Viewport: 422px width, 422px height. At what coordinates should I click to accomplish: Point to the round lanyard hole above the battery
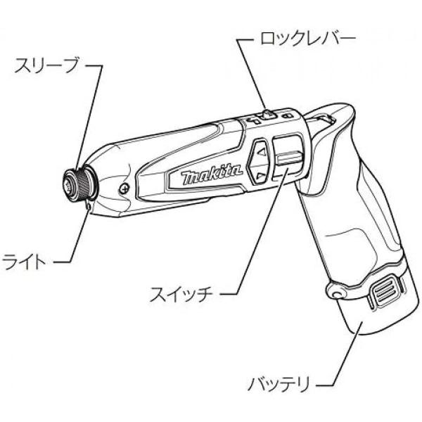pyautogui.click(x=335, y=289)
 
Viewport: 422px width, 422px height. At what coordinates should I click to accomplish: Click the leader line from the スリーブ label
pyautogui.click(x=98, y=105)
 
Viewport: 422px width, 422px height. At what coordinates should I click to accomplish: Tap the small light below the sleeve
pyautogui.click(x=86, y=205)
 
